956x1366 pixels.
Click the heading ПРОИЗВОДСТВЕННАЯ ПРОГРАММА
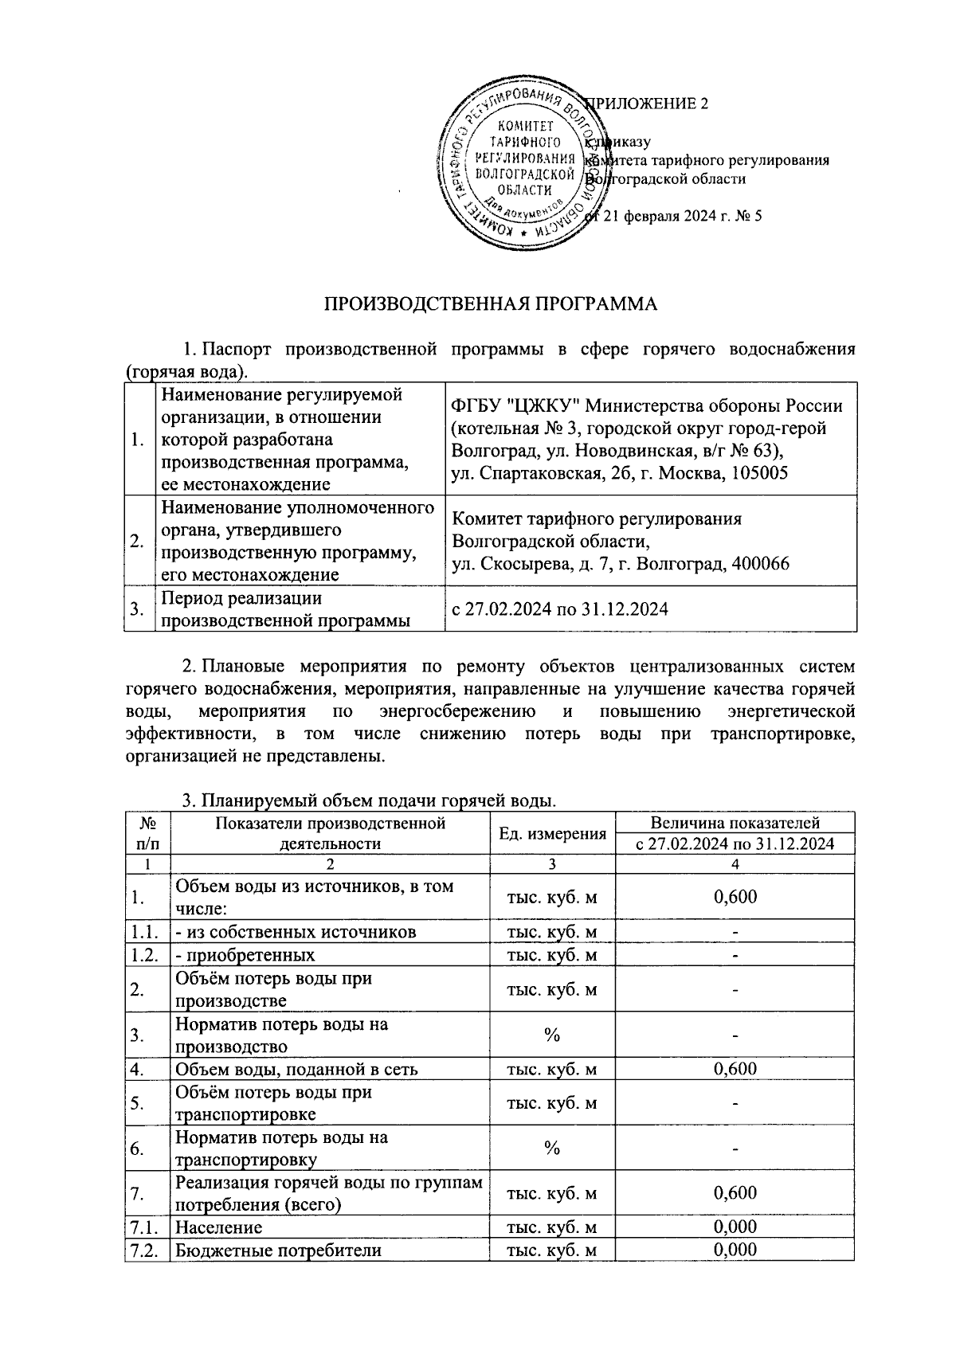coord(491,304)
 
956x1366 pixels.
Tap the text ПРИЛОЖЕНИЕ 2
coord(647,104)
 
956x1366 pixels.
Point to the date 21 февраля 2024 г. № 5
coord(684,215)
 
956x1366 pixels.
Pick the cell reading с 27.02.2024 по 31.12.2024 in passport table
coord(559,609)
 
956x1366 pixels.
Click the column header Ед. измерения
coord(552,833)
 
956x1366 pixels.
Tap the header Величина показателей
coord(735,823)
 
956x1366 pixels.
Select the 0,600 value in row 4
coord(735,1069)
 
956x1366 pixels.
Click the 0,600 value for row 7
coord(735,1193)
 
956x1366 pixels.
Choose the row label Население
coord(218,1227)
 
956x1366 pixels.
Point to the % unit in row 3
coord(551,1035)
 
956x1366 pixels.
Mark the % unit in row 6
coord(551,1149)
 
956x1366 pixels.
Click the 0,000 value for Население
coord(735,1227)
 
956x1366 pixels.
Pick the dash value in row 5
coord(735,1104)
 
